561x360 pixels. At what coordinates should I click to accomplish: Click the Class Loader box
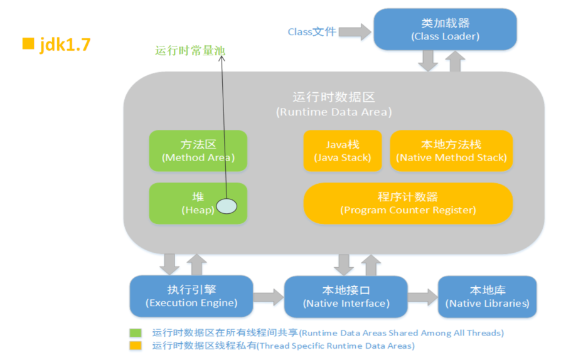tap(445, 29)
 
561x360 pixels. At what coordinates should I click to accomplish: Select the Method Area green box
tap(198, 151)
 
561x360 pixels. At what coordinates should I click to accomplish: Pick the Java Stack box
tap(342, 151)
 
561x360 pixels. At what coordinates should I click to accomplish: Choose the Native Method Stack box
tap(451, 151)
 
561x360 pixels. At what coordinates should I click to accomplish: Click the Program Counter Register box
tap(408, 203)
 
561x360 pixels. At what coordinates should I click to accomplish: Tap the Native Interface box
tap(346, 296)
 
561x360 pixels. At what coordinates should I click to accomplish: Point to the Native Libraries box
tap(487, 296)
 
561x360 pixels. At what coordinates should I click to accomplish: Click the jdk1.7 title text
tap(65, 45)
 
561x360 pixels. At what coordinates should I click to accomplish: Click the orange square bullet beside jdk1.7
tap(27, 44)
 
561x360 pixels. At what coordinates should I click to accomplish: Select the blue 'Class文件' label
tap(312, 32)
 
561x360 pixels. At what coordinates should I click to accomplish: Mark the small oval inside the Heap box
tap(227, 206)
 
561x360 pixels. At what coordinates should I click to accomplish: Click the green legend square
tap(136, 333)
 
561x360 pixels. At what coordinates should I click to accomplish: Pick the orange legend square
tap(136, 346)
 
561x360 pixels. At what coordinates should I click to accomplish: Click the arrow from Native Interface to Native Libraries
tap(422, 297)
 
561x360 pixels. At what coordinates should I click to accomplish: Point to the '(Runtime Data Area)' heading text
tap(333, 112)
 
